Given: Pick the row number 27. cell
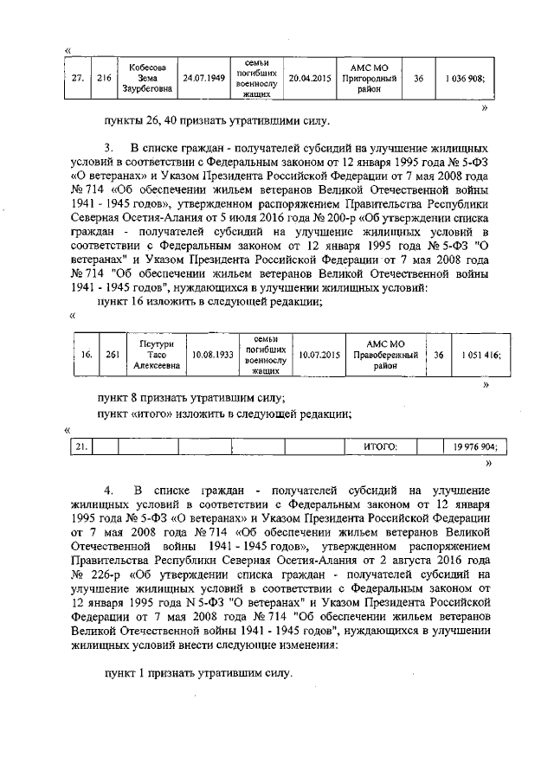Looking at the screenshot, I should point(77,79).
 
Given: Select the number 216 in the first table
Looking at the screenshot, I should point(104,79).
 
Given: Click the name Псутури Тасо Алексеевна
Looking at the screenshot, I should point(157,355).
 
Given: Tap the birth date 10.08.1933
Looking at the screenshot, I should point(213,355).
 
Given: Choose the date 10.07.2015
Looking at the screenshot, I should point(319,355).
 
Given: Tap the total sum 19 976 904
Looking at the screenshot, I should point(474,446).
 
